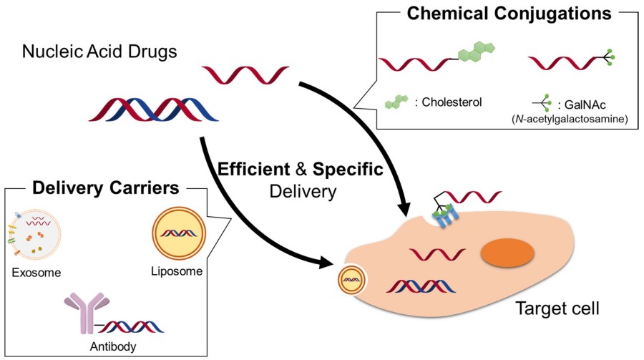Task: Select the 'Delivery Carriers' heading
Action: [x=105, y=189]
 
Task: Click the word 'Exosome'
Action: [x=36, y=273]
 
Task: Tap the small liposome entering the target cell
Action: [x=351, y=281]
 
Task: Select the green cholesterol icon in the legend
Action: [x=398, y=102]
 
